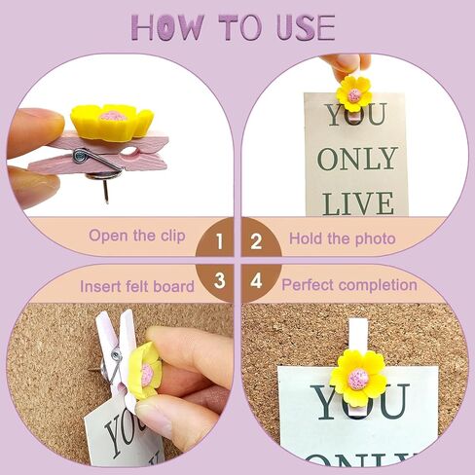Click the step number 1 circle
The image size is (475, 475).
217,239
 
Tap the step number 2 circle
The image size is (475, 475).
259,239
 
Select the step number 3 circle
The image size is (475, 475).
217,281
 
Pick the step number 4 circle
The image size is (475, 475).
259,281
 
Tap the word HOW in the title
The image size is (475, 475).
168,27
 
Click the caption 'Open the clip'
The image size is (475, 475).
137,236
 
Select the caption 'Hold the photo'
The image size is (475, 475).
343,238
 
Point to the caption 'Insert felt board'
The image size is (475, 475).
137,286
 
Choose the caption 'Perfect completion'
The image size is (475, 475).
349,285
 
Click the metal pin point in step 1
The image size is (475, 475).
107,201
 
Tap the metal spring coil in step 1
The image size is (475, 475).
81,153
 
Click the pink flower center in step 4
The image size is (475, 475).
358,379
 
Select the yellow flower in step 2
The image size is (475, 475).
354,93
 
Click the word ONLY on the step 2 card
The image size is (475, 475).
357,159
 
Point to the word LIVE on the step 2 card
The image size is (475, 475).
358,203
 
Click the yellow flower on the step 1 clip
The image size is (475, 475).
111,120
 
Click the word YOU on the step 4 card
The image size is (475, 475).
360,401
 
